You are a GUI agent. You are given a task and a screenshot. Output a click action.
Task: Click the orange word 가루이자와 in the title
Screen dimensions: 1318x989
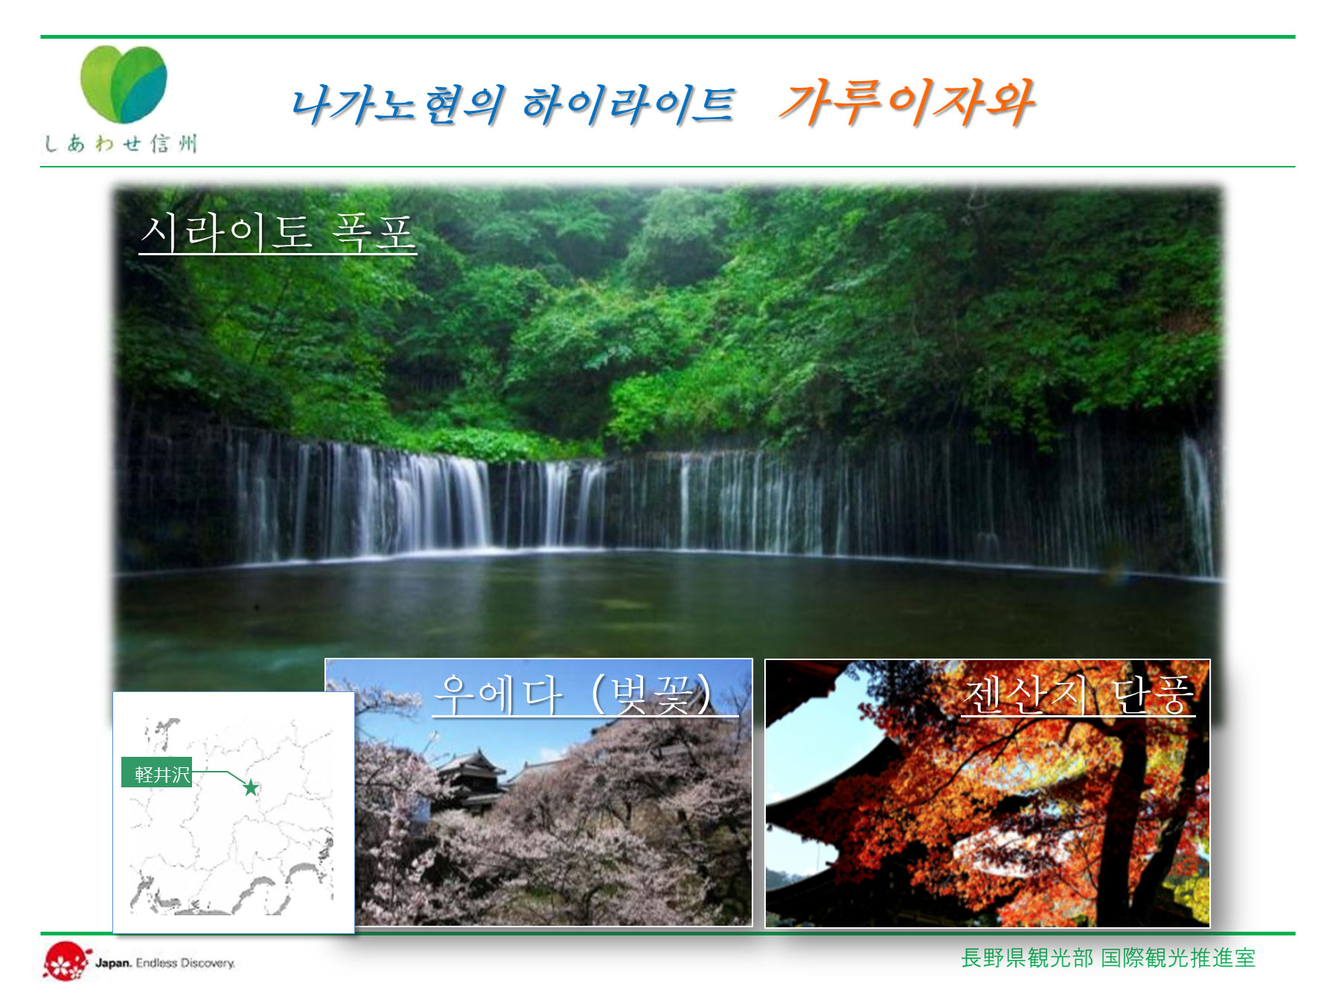point(906,102)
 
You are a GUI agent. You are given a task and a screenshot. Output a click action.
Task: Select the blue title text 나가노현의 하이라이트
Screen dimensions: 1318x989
point(513,104)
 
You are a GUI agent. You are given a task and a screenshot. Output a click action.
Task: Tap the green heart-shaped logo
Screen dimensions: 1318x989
point(124,84)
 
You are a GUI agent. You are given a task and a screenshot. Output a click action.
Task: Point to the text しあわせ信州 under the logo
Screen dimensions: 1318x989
point(121,144)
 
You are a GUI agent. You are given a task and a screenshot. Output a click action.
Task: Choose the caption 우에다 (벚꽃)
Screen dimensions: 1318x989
point(585,694)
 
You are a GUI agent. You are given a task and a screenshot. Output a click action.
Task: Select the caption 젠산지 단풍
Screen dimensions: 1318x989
point(1078,695)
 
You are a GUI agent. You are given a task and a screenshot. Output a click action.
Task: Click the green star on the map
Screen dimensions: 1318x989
point(251,787)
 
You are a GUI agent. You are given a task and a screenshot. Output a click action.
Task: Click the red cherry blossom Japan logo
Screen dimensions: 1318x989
point(65,961)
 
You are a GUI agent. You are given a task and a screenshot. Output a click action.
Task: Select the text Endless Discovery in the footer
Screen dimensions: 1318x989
point(185,963)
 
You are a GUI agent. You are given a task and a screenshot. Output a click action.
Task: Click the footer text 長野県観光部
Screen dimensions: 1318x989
point(1027,958)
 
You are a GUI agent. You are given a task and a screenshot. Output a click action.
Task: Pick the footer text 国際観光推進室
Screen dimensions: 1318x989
point(1178,958)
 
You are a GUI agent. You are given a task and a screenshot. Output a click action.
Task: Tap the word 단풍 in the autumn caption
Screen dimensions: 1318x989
point(1153,695)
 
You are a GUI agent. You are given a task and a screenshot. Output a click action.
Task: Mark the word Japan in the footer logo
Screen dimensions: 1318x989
point(113,963)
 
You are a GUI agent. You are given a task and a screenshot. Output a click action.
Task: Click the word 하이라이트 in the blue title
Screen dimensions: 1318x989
point(628,104)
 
